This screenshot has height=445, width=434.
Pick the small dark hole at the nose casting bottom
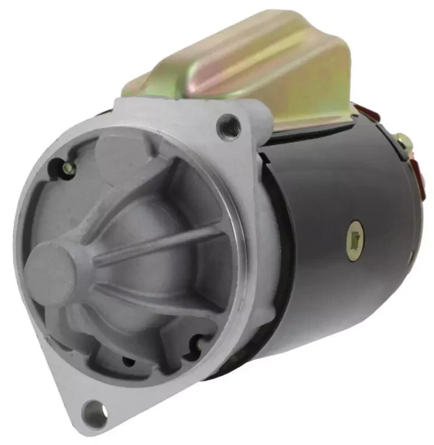(129, 361)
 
